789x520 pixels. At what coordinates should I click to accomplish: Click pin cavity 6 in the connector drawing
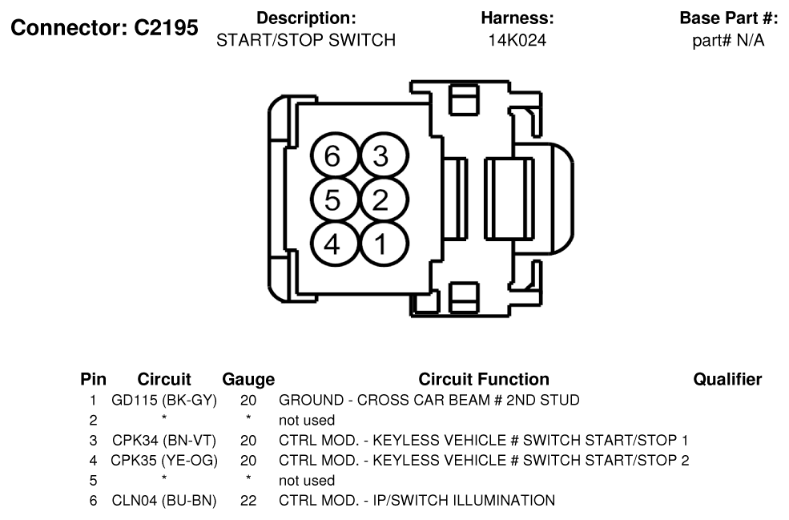click(333, 155)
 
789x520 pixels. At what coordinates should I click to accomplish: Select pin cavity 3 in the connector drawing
click(382, 155)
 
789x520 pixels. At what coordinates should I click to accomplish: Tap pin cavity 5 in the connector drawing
click(333, 200)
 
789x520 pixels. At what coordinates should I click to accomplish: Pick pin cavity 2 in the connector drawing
click(382, 200)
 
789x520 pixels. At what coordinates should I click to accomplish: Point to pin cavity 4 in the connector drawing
click(333, 244)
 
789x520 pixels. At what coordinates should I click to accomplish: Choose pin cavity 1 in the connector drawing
click(382, 244)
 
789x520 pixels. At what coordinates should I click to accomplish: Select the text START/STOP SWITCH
click(306, 40)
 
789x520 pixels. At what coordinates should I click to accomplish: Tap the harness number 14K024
click(517, 40)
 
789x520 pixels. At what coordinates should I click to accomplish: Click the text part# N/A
click(728, 40)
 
